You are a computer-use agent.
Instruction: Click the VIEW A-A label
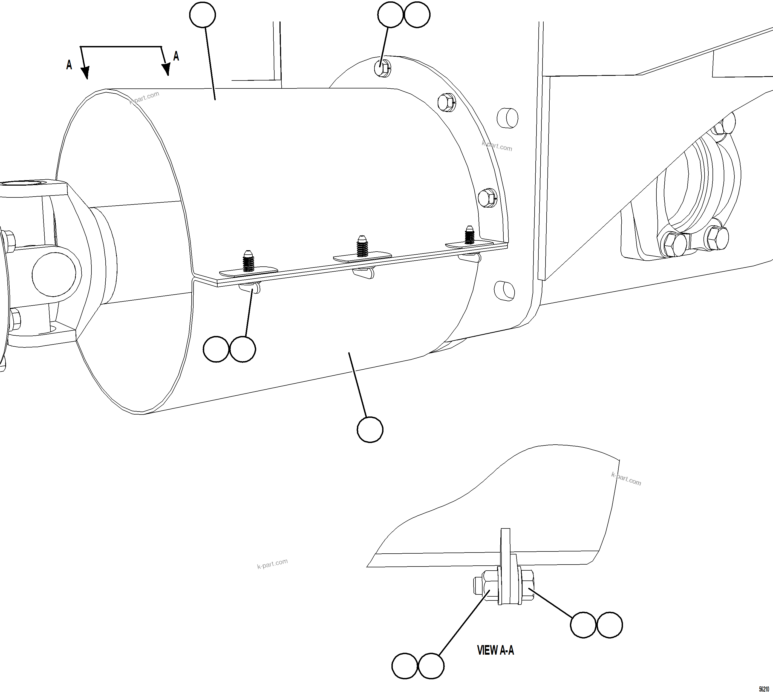pyautogui.click(x=495, y=650)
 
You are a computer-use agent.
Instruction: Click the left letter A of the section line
pyautogui.click(x=69, y=65)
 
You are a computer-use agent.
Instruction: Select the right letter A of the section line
pyautogui.click(x=176, y=56)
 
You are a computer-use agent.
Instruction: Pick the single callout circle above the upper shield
pyautogui.click(x=203, y=15)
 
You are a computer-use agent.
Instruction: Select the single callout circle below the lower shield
pyautogui.click(x=370, y=430)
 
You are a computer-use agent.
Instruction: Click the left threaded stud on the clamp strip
pyautogui.click(x=249, y=261)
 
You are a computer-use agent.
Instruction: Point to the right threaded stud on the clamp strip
pyautogui.click(x=469, y=235)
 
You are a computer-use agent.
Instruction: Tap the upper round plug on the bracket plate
pyautogui.click(x=507, y=118)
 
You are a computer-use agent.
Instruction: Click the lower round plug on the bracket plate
pyautogui.click(x=504, y=291)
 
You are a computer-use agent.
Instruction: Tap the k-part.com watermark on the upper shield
pyautogui.click(x=144, y=97)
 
